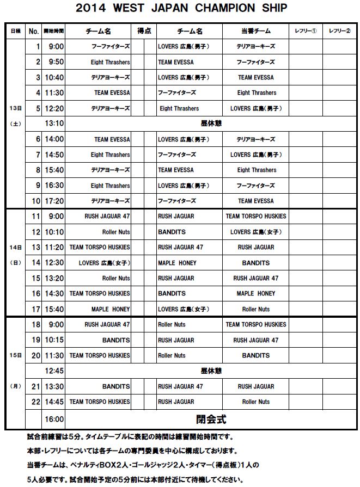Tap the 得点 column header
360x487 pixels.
pyautogui.click(x=144, y=31)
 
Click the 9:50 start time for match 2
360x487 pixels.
pyautogui.click(x=56, y=62)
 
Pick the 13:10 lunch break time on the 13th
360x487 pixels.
pyautogui.click(x=54, y=124)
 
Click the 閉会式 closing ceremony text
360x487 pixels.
pyautogui.click(x=211, y=420)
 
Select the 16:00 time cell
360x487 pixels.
pyautogui.click(x=54, y=420)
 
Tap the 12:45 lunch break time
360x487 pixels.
pyautogui.click(x=54, y=371)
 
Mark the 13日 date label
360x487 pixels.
pyautogui.click(x=15, y=108)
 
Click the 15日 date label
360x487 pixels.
pyautogui.click(x=15, y=355)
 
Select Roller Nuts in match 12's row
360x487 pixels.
pyautogui.click(x=116, y=232)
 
